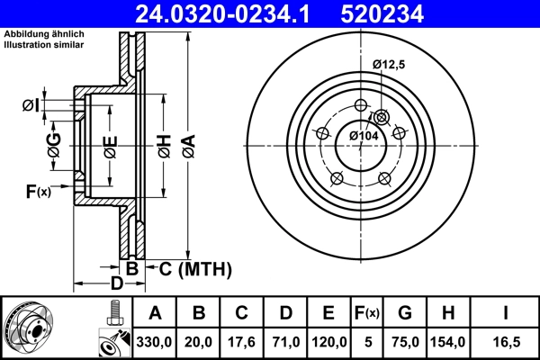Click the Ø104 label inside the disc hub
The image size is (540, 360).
point(364,135)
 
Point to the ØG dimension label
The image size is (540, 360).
point(54,144)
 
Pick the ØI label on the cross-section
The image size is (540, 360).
point(30,106)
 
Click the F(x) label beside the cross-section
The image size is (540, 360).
point(38,191)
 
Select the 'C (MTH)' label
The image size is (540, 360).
point(195,268)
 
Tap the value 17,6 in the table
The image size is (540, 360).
point(241,342)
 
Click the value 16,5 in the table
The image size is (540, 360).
point(508,342)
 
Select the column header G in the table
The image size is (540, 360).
point(405,313)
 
